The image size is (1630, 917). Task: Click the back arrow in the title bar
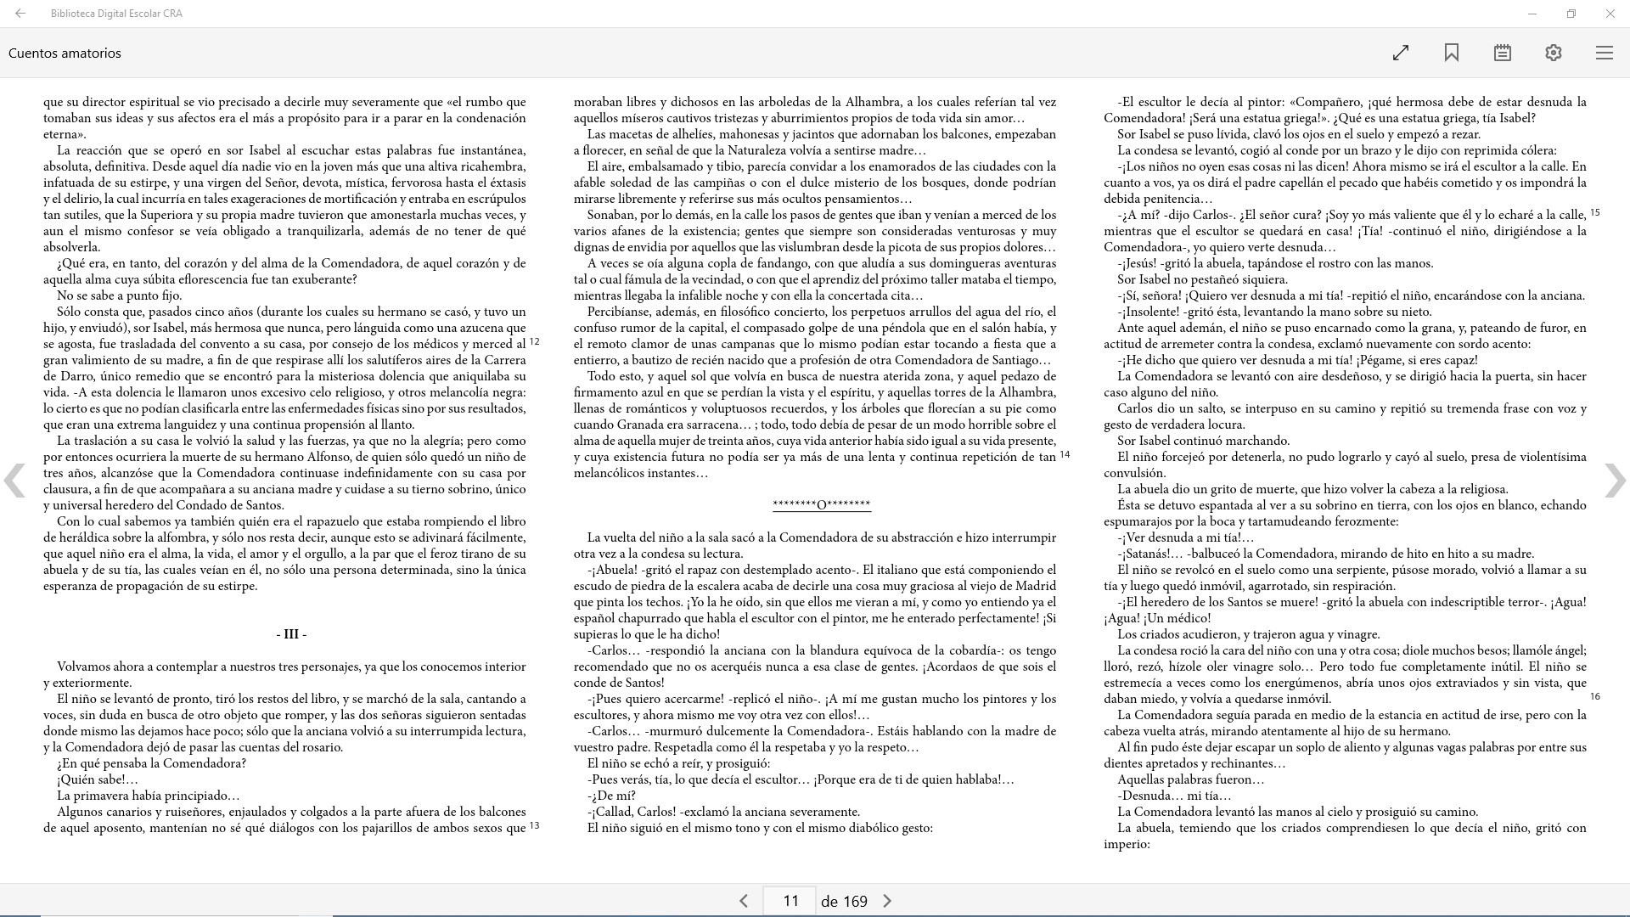[20, 14]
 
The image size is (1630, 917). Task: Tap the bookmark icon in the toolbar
[1452, 53]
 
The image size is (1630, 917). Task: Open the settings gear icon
[1554, 53]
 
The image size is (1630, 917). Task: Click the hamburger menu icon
[1605, 53]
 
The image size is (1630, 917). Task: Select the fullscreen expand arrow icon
[1401, 53]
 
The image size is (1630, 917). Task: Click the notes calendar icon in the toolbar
[1503, 53]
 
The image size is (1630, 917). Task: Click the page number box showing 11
[790, 901]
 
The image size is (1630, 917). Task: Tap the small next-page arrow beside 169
[887, 901]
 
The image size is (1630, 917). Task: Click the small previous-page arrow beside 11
[744, 901]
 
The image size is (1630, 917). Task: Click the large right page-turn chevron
[1615, 481]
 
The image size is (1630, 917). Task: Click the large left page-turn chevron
[14, 481]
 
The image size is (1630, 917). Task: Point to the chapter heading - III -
[291, 634]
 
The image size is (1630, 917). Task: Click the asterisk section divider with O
[822, 505]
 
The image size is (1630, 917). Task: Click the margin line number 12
[535, 342]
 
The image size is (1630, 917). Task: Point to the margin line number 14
[1065, 455]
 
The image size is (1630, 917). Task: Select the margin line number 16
[1595, 696]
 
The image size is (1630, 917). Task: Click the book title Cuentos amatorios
[65, 53]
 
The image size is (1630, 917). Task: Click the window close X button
[1610, 14]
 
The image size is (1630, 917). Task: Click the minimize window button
[1532, 14]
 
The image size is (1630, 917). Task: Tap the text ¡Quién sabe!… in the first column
[97, 779]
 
